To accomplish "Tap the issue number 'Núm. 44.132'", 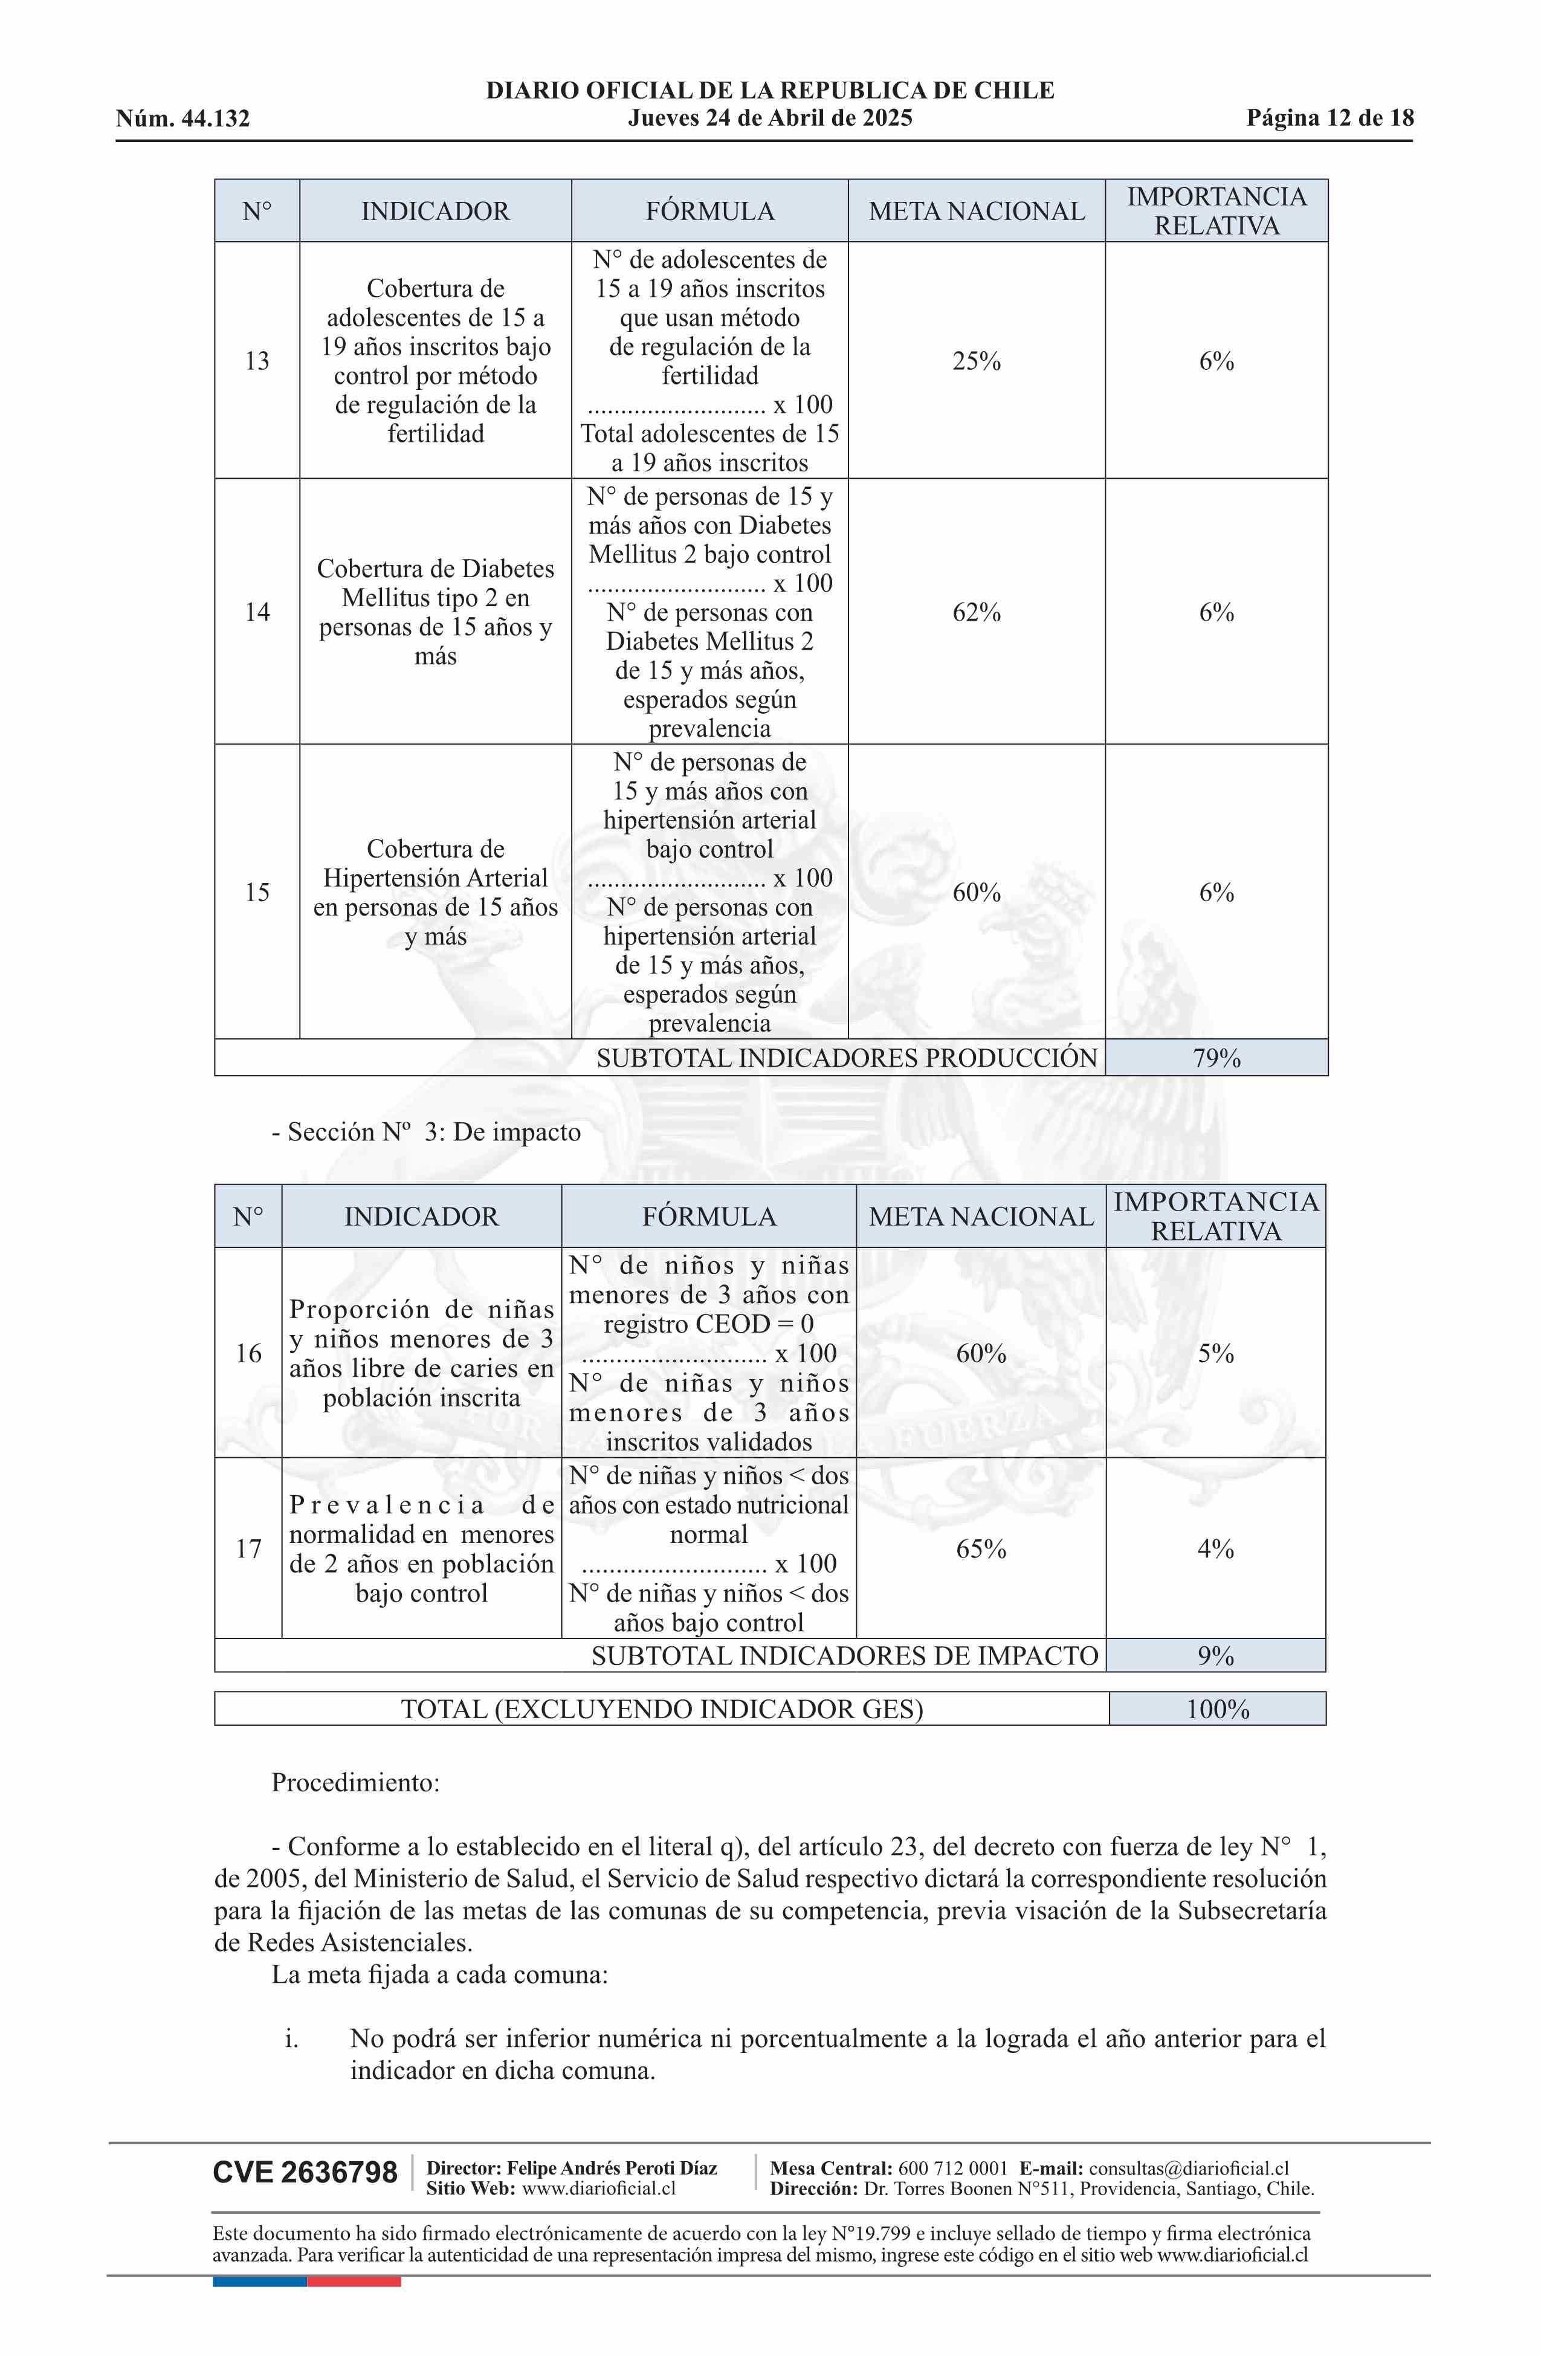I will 183,120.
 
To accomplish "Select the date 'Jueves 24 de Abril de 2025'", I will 769,119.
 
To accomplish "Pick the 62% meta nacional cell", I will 977,613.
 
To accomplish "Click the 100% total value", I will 1217,1709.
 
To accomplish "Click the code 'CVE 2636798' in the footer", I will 305,2173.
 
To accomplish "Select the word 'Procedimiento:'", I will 355,1783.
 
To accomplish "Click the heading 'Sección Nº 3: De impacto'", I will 427,1132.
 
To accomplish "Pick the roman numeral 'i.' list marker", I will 291,2039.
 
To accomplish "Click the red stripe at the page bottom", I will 354,2281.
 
